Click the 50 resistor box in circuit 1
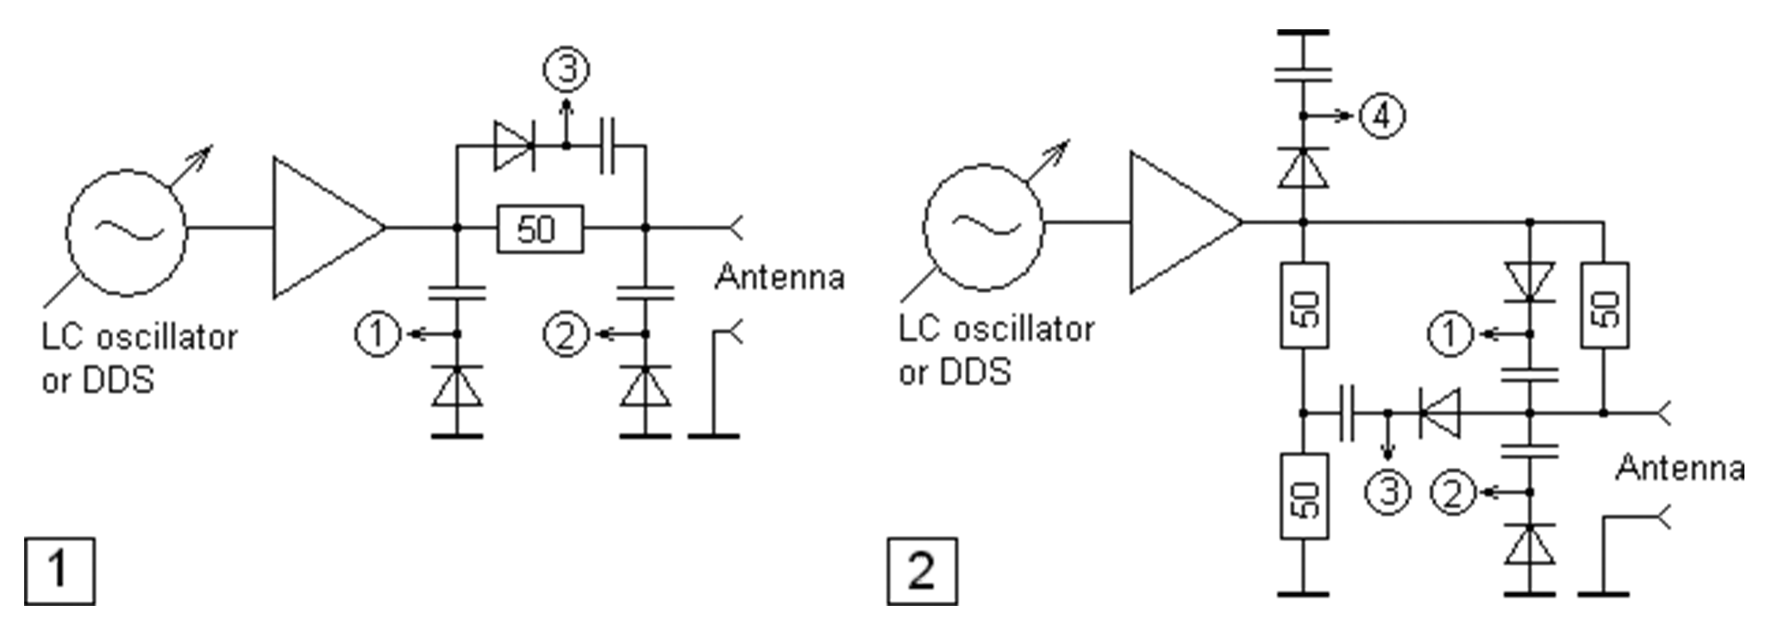(539, 228)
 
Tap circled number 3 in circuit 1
(566, 70)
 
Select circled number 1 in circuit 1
(378, 334)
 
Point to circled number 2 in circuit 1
(566, 334)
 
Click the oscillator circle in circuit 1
(127, 228)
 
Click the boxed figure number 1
(59, 570)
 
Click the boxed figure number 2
(921, 570)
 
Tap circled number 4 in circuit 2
(1381, 115)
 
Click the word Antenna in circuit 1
(780, 278)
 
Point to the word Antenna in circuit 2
(1680, 468)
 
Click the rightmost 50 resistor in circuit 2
(1604, 305)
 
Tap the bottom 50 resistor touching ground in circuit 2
(1303, 497)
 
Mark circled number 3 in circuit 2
(1387, 491)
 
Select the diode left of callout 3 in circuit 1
(513, 147)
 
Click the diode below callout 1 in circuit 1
(457, 387)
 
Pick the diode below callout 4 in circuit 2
(1303, 168)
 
